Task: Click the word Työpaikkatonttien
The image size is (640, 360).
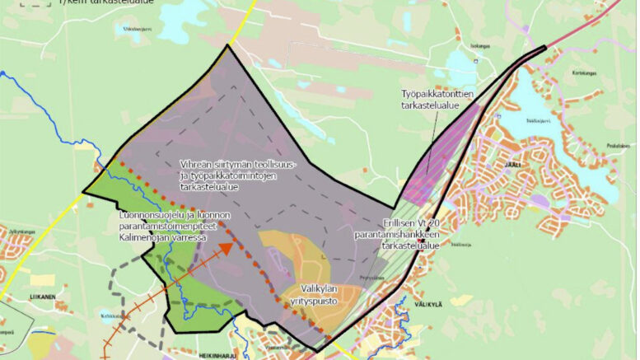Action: tap(437, 94)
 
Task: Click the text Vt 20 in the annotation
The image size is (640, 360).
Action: tap(424, 224)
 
